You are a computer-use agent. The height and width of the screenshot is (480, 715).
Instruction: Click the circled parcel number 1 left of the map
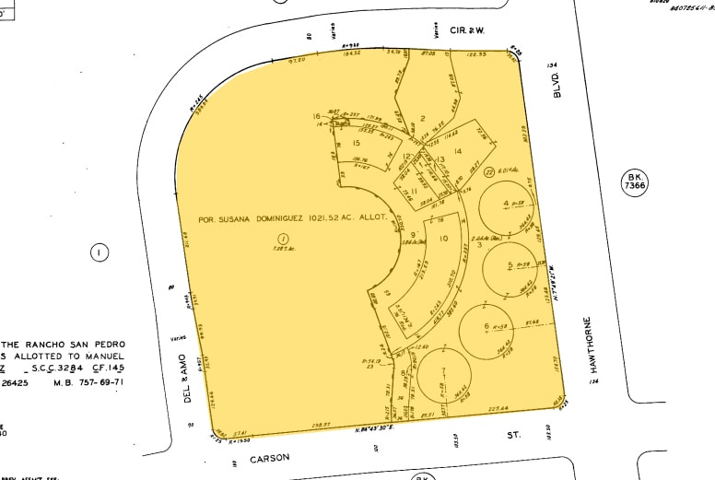(99, 252)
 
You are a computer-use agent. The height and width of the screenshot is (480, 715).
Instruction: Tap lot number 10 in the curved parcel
(443, 239)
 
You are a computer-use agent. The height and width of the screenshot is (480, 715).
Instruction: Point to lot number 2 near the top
(422, 118)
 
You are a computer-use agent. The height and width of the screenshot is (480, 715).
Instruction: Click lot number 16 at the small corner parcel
(316, 116)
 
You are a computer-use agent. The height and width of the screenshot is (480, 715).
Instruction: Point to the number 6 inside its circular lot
(486, 327)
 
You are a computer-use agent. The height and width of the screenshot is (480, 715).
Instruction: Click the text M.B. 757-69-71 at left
(89, 382)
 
